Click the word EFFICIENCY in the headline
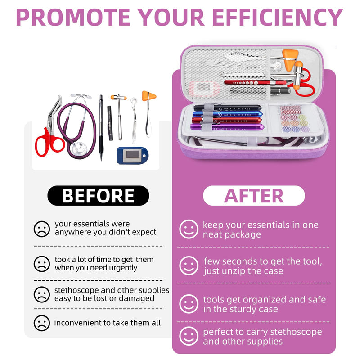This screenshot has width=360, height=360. [278, 18]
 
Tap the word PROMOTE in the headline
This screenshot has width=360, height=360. [73, 18]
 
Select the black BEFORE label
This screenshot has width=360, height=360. [98, 196]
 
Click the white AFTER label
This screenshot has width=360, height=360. [254, 196]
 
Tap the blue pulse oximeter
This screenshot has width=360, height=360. [133, 155]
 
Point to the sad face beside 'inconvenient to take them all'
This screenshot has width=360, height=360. [42, 323]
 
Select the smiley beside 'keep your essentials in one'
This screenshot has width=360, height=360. [189, 229]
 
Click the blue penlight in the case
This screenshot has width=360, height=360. [227, 114]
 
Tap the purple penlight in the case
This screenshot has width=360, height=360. [227, 127]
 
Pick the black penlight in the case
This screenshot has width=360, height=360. [227, 108]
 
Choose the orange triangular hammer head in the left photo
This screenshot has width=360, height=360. [148, 96]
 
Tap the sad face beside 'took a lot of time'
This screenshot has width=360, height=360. [42, 264]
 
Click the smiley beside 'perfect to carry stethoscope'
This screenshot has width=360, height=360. [189, 336]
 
